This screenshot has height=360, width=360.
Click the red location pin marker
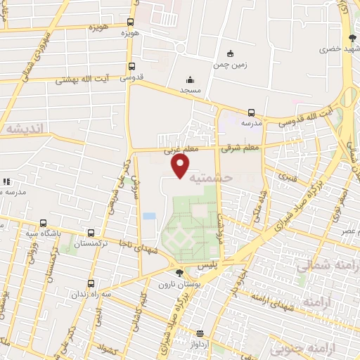tap(181, 165)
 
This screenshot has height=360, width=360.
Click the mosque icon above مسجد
tap(189, 79)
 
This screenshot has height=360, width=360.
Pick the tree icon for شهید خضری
tap(352, 38)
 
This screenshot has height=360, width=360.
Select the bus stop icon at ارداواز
tap(200, 333)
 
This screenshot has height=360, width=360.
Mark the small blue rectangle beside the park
tap(148, 215)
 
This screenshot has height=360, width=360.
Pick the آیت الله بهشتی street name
tap(98, 79)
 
